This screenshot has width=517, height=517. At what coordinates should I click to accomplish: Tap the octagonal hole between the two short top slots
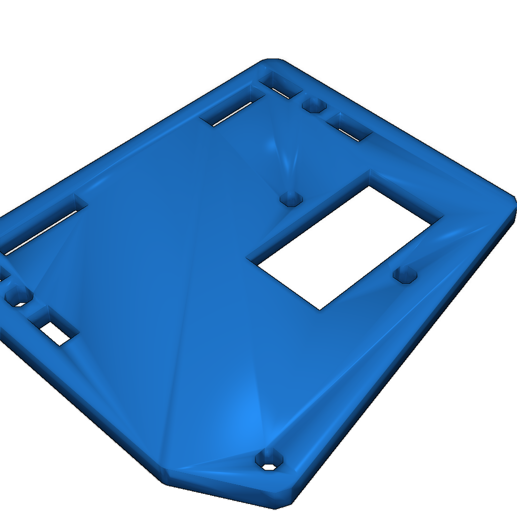(x=314, y=106)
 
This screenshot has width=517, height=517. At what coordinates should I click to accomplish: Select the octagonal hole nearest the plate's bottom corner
(x=269, y=460)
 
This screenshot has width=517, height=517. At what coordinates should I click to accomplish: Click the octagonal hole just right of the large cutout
(x=405, y=275)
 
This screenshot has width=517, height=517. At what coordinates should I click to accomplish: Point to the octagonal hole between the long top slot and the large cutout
(x=291, y=198)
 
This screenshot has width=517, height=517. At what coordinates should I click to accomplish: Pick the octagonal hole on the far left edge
(x=18, y=296)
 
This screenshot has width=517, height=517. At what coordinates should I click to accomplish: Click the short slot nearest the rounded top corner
(x=283, y=86)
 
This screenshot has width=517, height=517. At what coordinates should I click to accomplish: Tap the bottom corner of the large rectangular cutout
(x=320, y=309)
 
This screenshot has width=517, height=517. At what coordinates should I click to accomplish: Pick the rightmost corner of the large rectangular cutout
(x=442, y=218)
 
